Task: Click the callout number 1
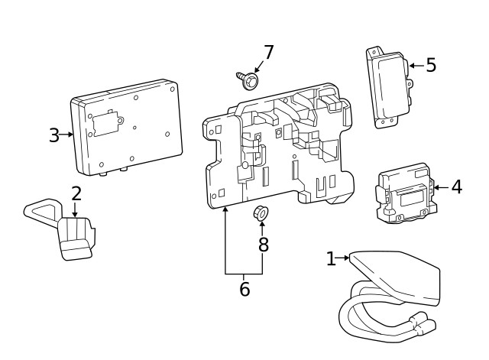coord(330,259)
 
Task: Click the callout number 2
coord(76,193)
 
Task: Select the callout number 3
coord(53,135)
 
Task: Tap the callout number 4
coord(456,186)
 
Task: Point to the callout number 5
coord(431,65)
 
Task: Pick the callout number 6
coord(244,290)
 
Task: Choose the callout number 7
coord(268,53)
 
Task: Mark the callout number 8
coord(264,245)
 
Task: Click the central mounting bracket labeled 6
coord(283,149)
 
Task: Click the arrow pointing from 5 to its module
coord(416,66)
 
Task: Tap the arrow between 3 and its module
coord(67,135)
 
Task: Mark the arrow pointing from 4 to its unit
coord(440,186)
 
